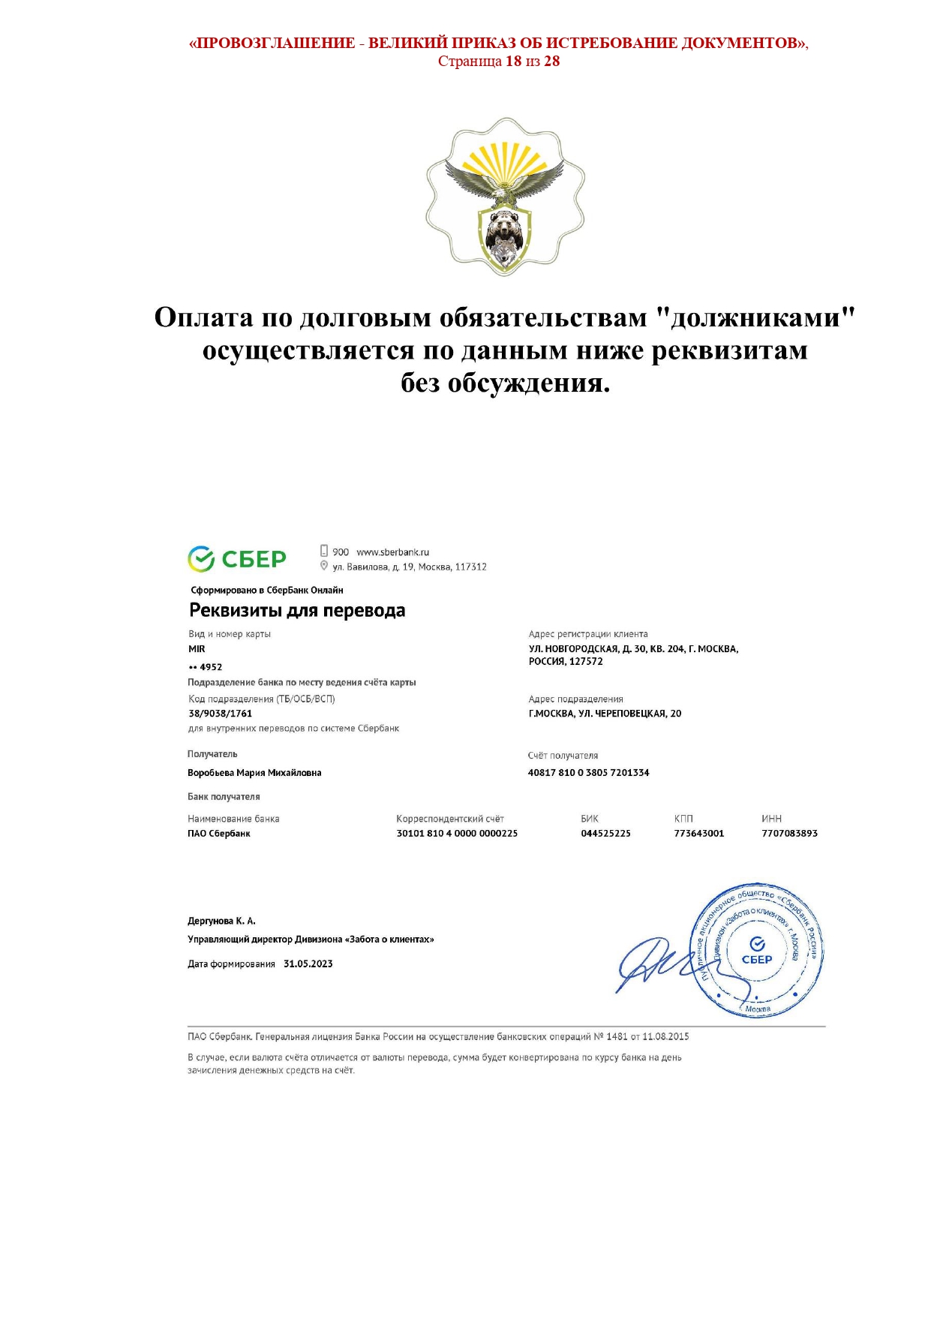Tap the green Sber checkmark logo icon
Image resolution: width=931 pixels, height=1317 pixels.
tap(201, 559)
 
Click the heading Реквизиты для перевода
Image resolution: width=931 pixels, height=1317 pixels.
tap(297, 611)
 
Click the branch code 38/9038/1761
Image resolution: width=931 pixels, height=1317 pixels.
tap(220, 714)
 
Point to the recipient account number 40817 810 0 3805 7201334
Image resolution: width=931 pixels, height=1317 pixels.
tap(588, 773)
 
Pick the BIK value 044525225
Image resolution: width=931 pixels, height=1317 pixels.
tap(605, 834)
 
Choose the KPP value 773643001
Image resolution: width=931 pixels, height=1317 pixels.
tap(698, 834)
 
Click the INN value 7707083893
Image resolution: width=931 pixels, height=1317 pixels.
tap(789, 834)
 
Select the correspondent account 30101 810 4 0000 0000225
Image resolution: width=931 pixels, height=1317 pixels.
tap(457, 834)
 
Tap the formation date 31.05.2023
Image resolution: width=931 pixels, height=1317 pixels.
tap(308, 964)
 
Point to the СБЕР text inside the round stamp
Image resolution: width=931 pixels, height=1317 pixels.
tap(757, 960)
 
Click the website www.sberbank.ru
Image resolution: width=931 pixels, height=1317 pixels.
tap(392, 552)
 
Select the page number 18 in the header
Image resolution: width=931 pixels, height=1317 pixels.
tap(513, 62)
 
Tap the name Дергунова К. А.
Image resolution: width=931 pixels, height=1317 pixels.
tap(221, 921)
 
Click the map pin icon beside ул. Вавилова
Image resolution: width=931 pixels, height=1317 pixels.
tap(324, 566)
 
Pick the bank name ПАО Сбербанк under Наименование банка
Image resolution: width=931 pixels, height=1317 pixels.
tap(219, 834)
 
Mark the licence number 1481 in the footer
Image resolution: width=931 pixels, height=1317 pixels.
tap(617, 1037)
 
